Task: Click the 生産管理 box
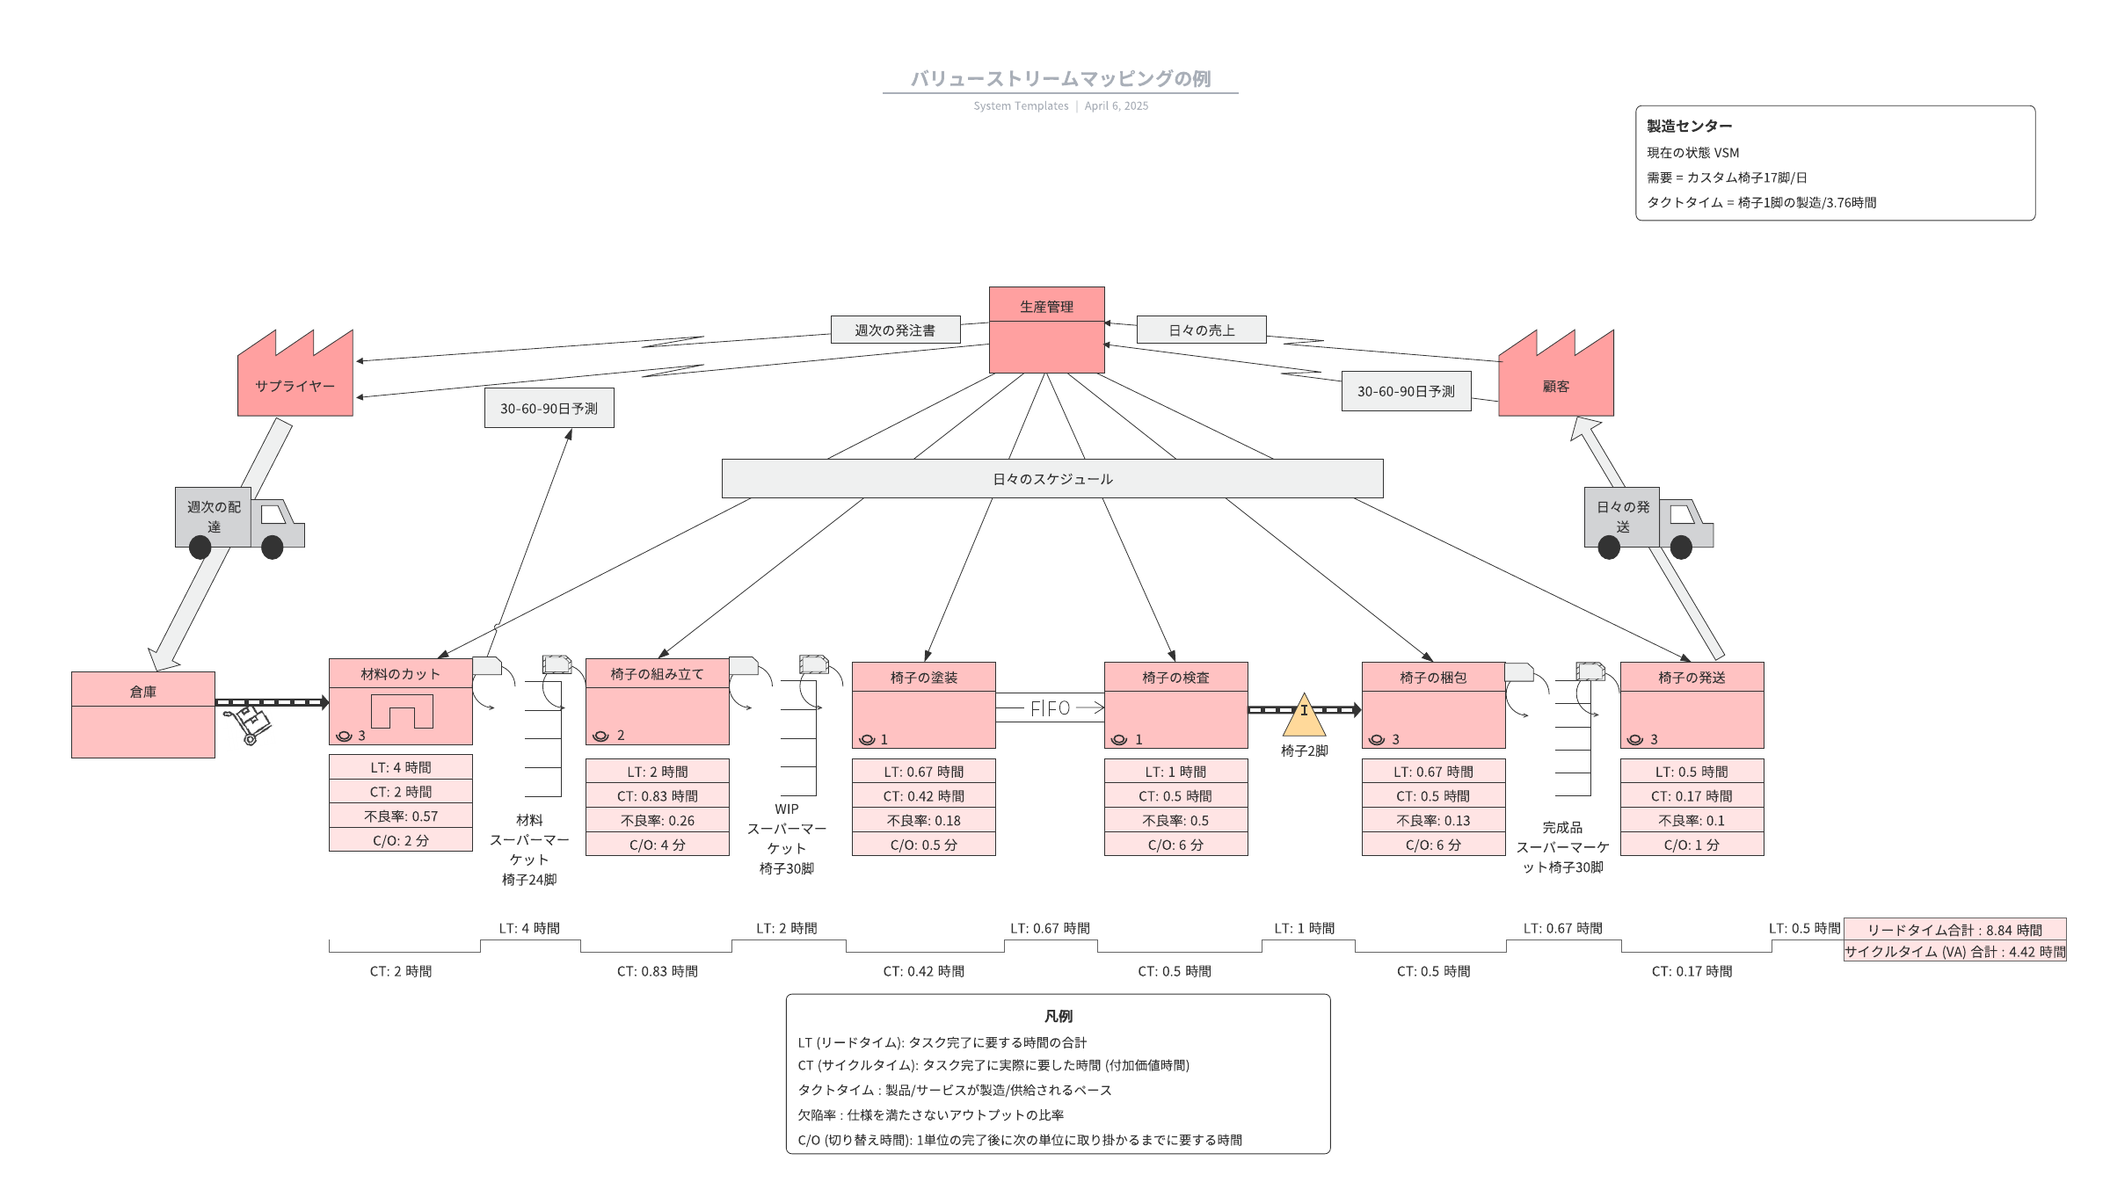click(x=1046, y=330)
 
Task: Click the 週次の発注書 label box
click(x=895, y=330)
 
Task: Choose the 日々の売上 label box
click(x=1201, y=330)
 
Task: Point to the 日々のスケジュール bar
click(x=1052, y=479)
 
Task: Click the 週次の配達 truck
click(x=237, y=522)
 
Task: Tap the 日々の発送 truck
click(x=1647, y=522)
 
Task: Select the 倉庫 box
click(x=143, y=714)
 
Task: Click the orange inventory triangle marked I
click(x=1304, y=715)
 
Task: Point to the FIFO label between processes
click(x=1050, y=708)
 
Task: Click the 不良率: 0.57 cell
click(x=401, y=816)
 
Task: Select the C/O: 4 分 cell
click(x=657, y=845)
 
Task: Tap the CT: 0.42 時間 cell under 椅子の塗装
click(x=923, y=796)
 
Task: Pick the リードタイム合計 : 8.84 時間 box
click(x=1954, y=930)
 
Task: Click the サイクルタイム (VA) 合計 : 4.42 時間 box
click(x=1954, y=952)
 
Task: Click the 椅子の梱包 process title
click(x=1433, y=678)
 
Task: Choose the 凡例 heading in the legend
click(x=1058, y=1016)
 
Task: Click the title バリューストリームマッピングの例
click(x=1060, y=79)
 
